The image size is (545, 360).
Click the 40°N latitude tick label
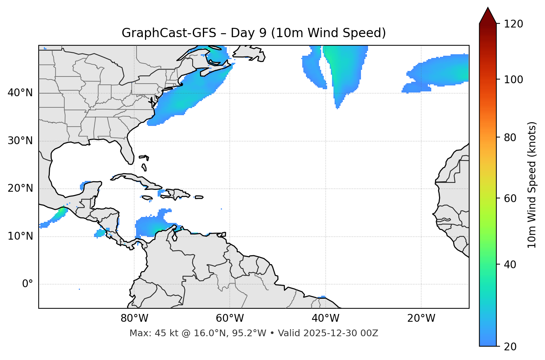click(20, 93)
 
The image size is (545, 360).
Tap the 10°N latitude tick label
click(20, 236)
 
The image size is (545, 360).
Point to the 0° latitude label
click(27, 284)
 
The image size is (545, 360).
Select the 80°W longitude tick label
click(134, 318)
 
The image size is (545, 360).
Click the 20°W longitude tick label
click(421, 318)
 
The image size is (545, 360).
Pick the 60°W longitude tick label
click(230, 318)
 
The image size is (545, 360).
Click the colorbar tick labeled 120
click(513, 24)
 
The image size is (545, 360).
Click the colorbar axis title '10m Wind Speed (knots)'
click(532, 185)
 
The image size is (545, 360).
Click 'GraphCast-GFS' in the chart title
click(169, 33)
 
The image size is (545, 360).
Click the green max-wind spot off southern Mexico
click(61, 211)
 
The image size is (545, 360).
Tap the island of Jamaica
click(147, 198)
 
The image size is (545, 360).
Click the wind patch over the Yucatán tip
click(86, 185)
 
